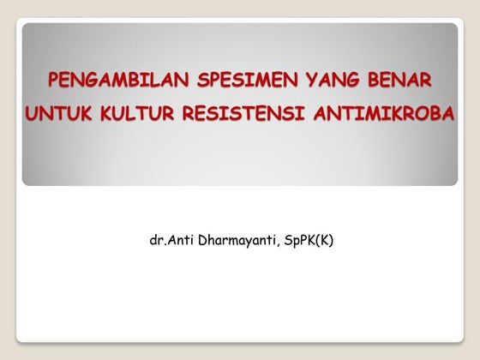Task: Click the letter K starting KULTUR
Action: (100, 112)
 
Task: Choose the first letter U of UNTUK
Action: (32, 112)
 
